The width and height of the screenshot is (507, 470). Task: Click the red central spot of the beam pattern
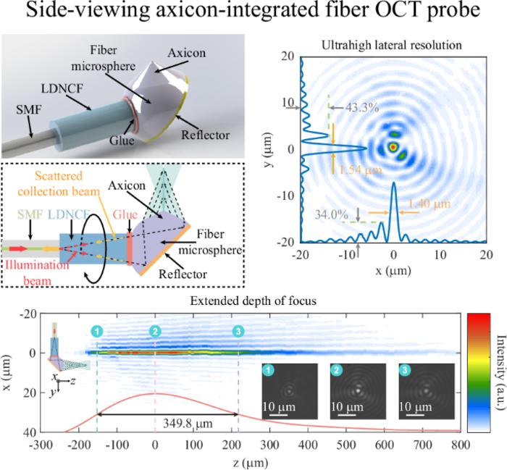coord(393,147)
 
